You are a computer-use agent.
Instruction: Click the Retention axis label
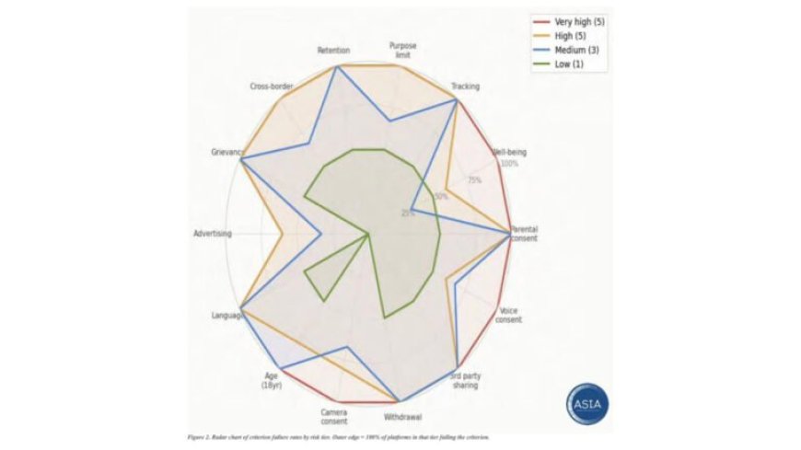(333, 50)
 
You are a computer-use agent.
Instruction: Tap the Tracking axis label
(466, 87)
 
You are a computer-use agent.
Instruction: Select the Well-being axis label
(509, 152)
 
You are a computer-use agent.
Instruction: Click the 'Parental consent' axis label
(524, 233)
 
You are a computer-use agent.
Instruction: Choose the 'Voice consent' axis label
(509, 316)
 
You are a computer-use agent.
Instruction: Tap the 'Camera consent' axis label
(334, 416)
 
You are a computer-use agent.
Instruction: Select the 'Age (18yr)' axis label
(272, 380)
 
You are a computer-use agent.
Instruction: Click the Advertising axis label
(213, 234)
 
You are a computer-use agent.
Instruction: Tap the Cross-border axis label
(272, 87)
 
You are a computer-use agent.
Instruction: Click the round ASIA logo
(586, 404)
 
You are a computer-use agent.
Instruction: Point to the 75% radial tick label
(474, 180)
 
